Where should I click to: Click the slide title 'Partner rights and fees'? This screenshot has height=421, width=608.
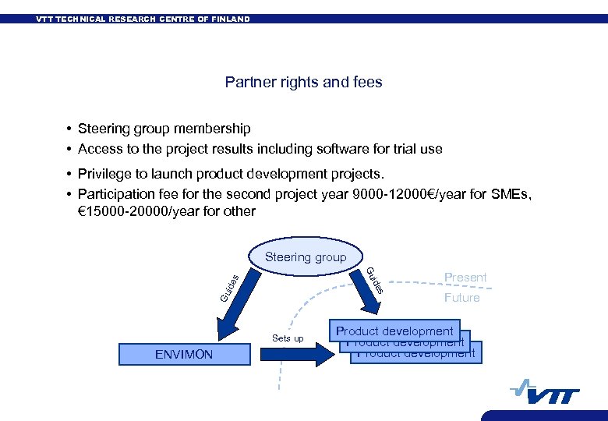point(303,82)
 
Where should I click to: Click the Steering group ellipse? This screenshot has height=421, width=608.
point(306,257)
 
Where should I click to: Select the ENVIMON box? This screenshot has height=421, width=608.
point(183,354)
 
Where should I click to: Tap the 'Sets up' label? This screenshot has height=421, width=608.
point(288,338)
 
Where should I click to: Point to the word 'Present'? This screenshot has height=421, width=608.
point(465,278)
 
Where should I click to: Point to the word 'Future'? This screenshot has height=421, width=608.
point(461,298)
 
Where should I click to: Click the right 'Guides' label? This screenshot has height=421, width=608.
point(375,280)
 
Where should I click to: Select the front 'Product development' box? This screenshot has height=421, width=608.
point(394,331)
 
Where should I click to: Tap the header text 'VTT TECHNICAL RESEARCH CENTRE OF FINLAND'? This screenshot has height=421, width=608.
point(143,19)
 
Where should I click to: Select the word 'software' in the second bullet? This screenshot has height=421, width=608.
point(322,148)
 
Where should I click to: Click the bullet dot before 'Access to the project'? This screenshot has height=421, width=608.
point(69,149)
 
